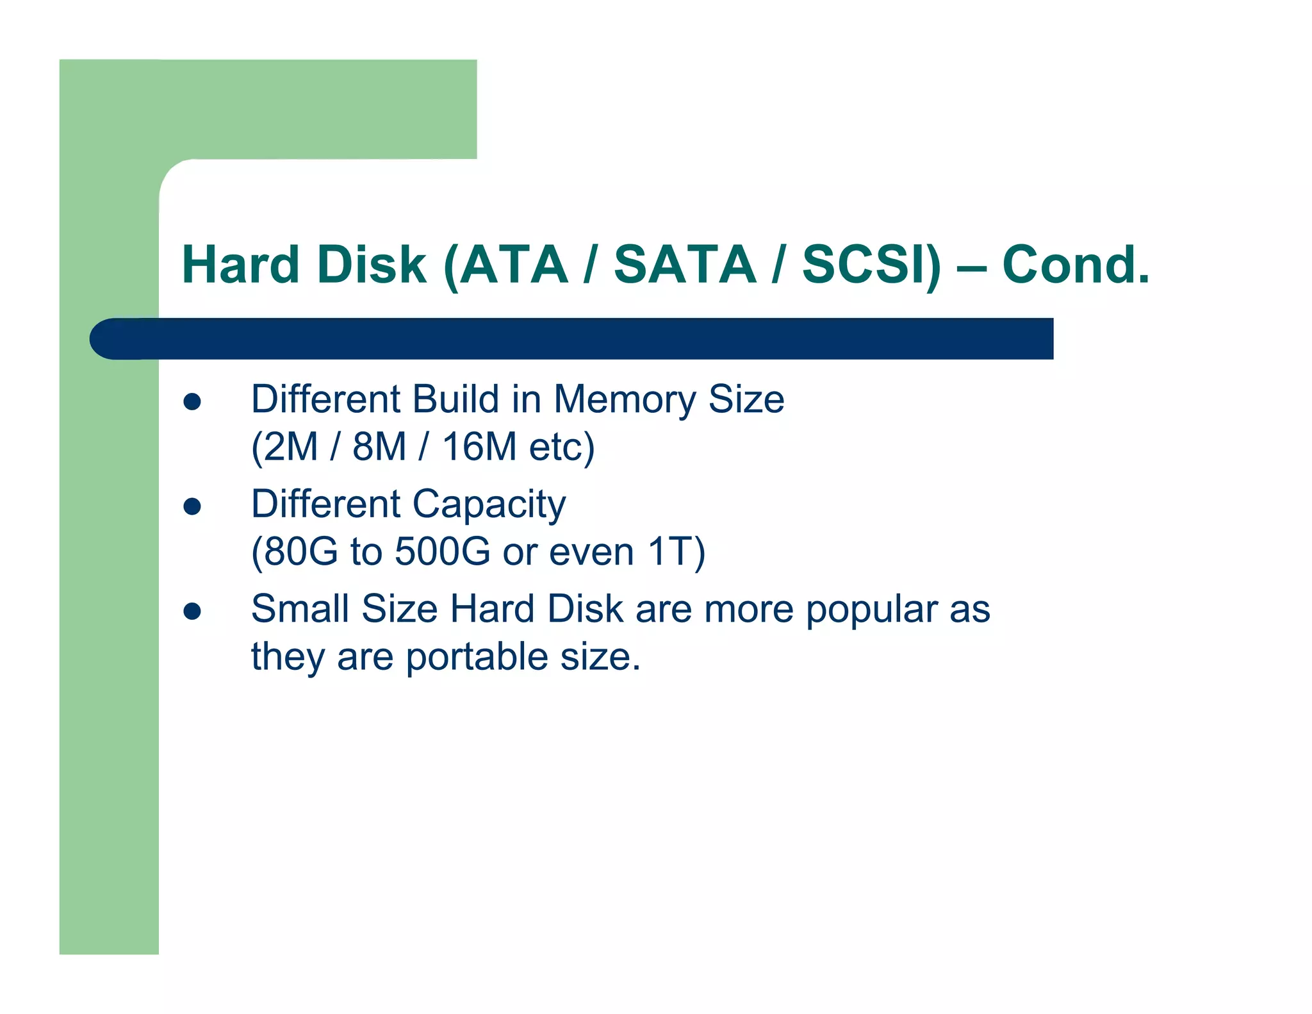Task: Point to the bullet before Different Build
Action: [192, 402]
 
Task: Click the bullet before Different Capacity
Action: [192, 506]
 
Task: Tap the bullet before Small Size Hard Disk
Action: [192, 611]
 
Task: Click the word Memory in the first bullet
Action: [624, 399]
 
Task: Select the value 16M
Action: [479, 447]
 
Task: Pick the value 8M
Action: [379, 447]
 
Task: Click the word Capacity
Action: [489, 505]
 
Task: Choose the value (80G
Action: [294, 551]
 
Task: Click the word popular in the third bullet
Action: [871, 610]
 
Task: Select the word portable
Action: [477, 658]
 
